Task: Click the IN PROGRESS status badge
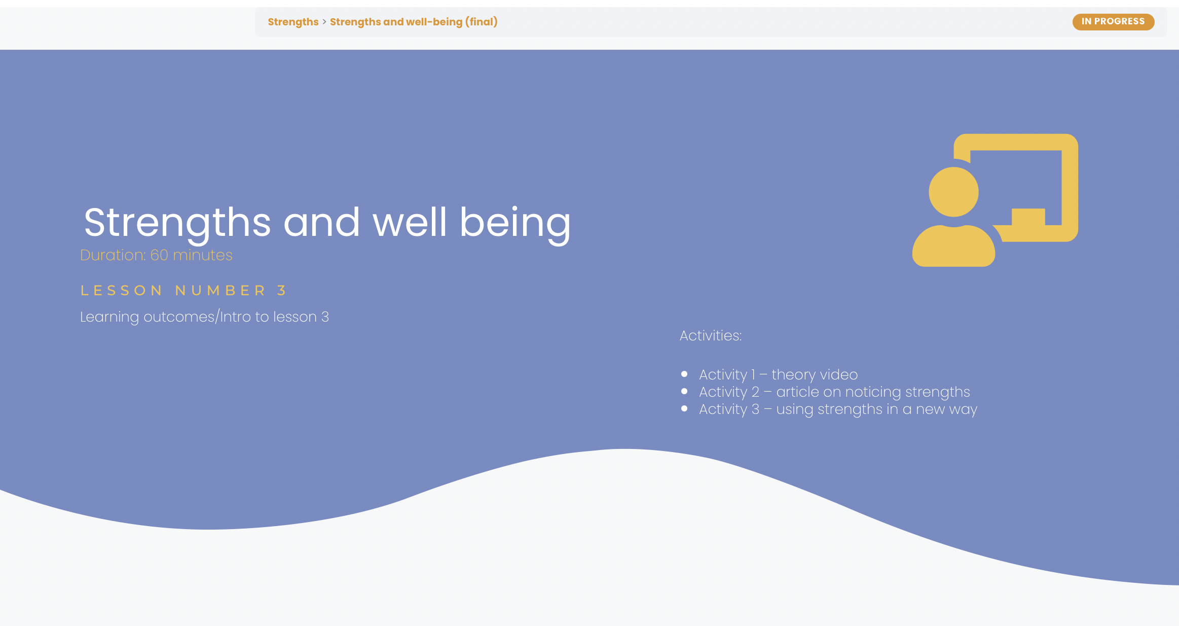1113,22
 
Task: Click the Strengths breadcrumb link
293,22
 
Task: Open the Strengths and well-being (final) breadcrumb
414,22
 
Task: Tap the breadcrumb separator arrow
324,22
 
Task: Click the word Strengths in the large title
177,223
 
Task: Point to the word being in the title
515,223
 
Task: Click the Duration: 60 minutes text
156,255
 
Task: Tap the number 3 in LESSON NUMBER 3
282,290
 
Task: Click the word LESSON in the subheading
121,290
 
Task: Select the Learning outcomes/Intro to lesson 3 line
204,317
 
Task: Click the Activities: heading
711,335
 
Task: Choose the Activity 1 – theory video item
778,374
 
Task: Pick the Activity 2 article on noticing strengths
834,392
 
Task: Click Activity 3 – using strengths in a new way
838,409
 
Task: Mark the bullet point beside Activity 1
684,374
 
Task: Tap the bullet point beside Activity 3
684,408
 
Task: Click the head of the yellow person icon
953,192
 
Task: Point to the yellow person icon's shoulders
953,247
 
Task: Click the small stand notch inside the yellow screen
1028,217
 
